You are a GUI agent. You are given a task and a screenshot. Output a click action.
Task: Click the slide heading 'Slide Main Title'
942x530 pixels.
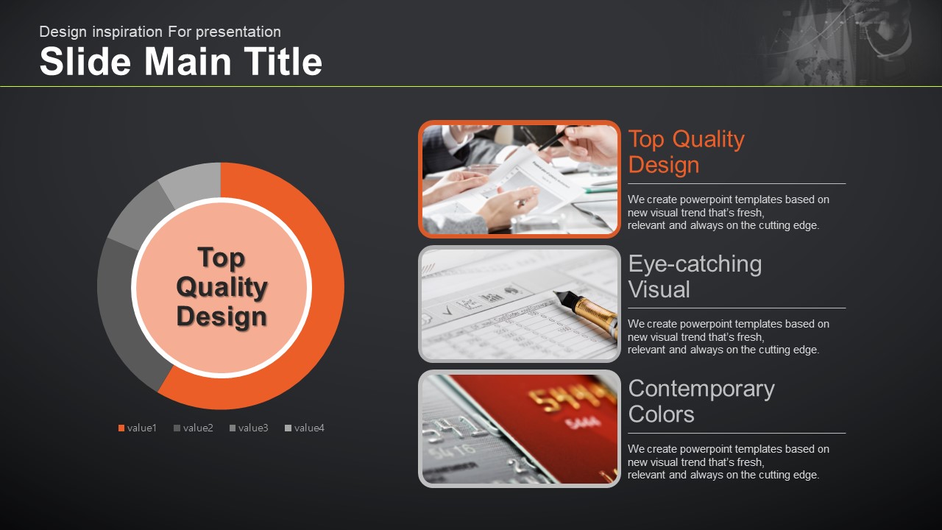pos(181,61)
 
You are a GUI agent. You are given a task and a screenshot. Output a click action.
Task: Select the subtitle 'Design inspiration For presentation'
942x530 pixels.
pos(160,32)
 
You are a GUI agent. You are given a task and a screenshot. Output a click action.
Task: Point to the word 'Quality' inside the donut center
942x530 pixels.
pos(222,287)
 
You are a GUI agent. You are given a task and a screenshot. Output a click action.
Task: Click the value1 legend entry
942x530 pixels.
pos(138,428)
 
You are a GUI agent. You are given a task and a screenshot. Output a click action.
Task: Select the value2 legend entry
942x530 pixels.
pos(194,428)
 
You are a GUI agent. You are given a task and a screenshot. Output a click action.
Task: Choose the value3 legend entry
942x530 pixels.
pos(249,428)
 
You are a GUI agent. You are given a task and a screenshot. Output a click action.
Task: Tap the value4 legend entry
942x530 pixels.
pos(305,428)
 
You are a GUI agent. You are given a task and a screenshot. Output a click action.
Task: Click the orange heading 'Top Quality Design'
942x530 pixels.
pos(687,152)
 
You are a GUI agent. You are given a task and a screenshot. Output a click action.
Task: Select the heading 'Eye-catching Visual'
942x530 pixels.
pos(695,276)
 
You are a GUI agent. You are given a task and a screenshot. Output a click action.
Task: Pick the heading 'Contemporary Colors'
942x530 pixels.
pos(701,401)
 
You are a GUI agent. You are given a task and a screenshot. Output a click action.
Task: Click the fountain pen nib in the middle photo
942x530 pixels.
pos(562,297)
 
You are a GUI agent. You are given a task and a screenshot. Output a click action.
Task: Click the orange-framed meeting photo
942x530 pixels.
pos(520,179)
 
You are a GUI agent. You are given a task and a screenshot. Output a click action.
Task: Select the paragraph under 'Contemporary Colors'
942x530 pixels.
pos(729,462)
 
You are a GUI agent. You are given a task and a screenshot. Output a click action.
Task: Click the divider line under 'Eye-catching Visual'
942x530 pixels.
pos(737,308)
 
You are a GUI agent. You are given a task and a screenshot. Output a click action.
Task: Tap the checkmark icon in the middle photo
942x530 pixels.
pos(447,311)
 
